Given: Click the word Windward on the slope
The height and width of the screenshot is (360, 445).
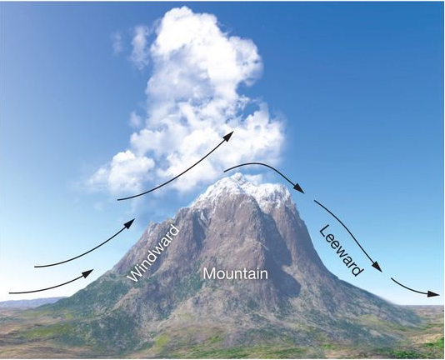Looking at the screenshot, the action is tap(154, 252).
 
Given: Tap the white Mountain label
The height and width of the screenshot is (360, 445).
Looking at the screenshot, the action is tap(235, 273).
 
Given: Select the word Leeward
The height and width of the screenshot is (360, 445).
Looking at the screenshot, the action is tap(342, 251).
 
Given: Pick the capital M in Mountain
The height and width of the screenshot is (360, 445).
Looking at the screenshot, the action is tap(209, 273).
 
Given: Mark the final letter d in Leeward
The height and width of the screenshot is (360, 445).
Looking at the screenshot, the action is tap(357, 270).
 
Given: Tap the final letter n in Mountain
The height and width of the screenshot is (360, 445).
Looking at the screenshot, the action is tap(264, 275).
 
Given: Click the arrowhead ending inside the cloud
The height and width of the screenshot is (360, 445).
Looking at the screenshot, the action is tap(229, 136).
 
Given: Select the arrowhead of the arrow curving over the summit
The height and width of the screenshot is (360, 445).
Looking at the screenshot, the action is tap(299, 188).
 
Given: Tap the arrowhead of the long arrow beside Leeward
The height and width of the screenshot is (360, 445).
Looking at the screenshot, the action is tap(377, 267).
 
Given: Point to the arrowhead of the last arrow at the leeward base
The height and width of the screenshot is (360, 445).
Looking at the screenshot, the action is tap(434, 294).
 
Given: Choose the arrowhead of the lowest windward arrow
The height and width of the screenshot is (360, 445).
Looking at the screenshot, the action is tap(88, 272).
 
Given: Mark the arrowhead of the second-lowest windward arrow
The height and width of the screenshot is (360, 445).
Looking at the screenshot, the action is tap(130, 222).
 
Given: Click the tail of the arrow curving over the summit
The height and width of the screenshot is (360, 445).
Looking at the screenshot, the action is tap(225, 171).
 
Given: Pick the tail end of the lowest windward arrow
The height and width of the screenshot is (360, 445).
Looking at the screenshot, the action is tap(10, 292).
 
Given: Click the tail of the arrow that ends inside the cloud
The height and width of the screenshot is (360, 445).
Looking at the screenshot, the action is tap(118, 200).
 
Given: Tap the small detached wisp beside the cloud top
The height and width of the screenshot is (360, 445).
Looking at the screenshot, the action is tap(117, 42).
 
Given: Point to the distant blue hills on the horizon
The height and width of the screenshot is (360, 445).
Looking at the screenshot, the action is tap(28, 302).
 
